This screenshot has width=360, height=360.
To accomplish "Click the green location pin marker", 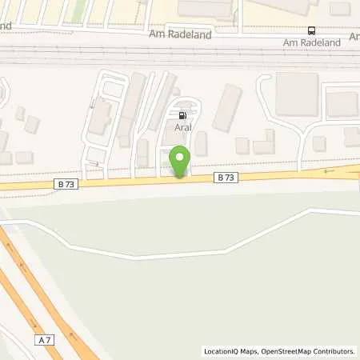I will [x=180, y=161].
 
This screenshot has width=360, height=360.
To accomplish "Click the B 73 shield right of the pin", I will [x=224, y=178].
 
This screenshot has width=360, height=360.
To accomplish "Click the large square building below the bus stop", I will [x=296, y=94].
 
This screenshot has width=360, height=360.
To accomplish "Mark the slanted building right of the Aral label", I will [x=227, y=107].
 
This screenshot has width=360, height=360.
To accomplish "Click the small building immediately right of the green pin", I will [x=201, y=144].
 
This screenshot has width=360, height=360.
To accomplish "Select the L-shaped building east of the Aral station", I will [x=262, y=145].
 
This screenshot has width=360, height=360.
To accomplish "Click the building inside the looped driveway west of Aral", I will [x=100, y=117].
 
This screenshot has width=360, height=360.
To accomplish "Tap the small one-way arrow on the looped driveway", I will [x=94, y=165].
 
